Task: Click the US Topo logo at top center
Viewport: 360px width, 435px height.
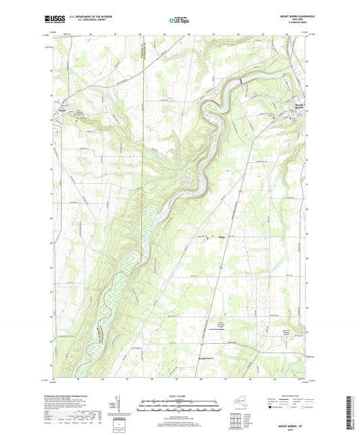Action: coord(180,21)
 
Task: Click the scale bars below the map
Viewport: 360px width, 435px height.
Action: coord(180,407)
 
